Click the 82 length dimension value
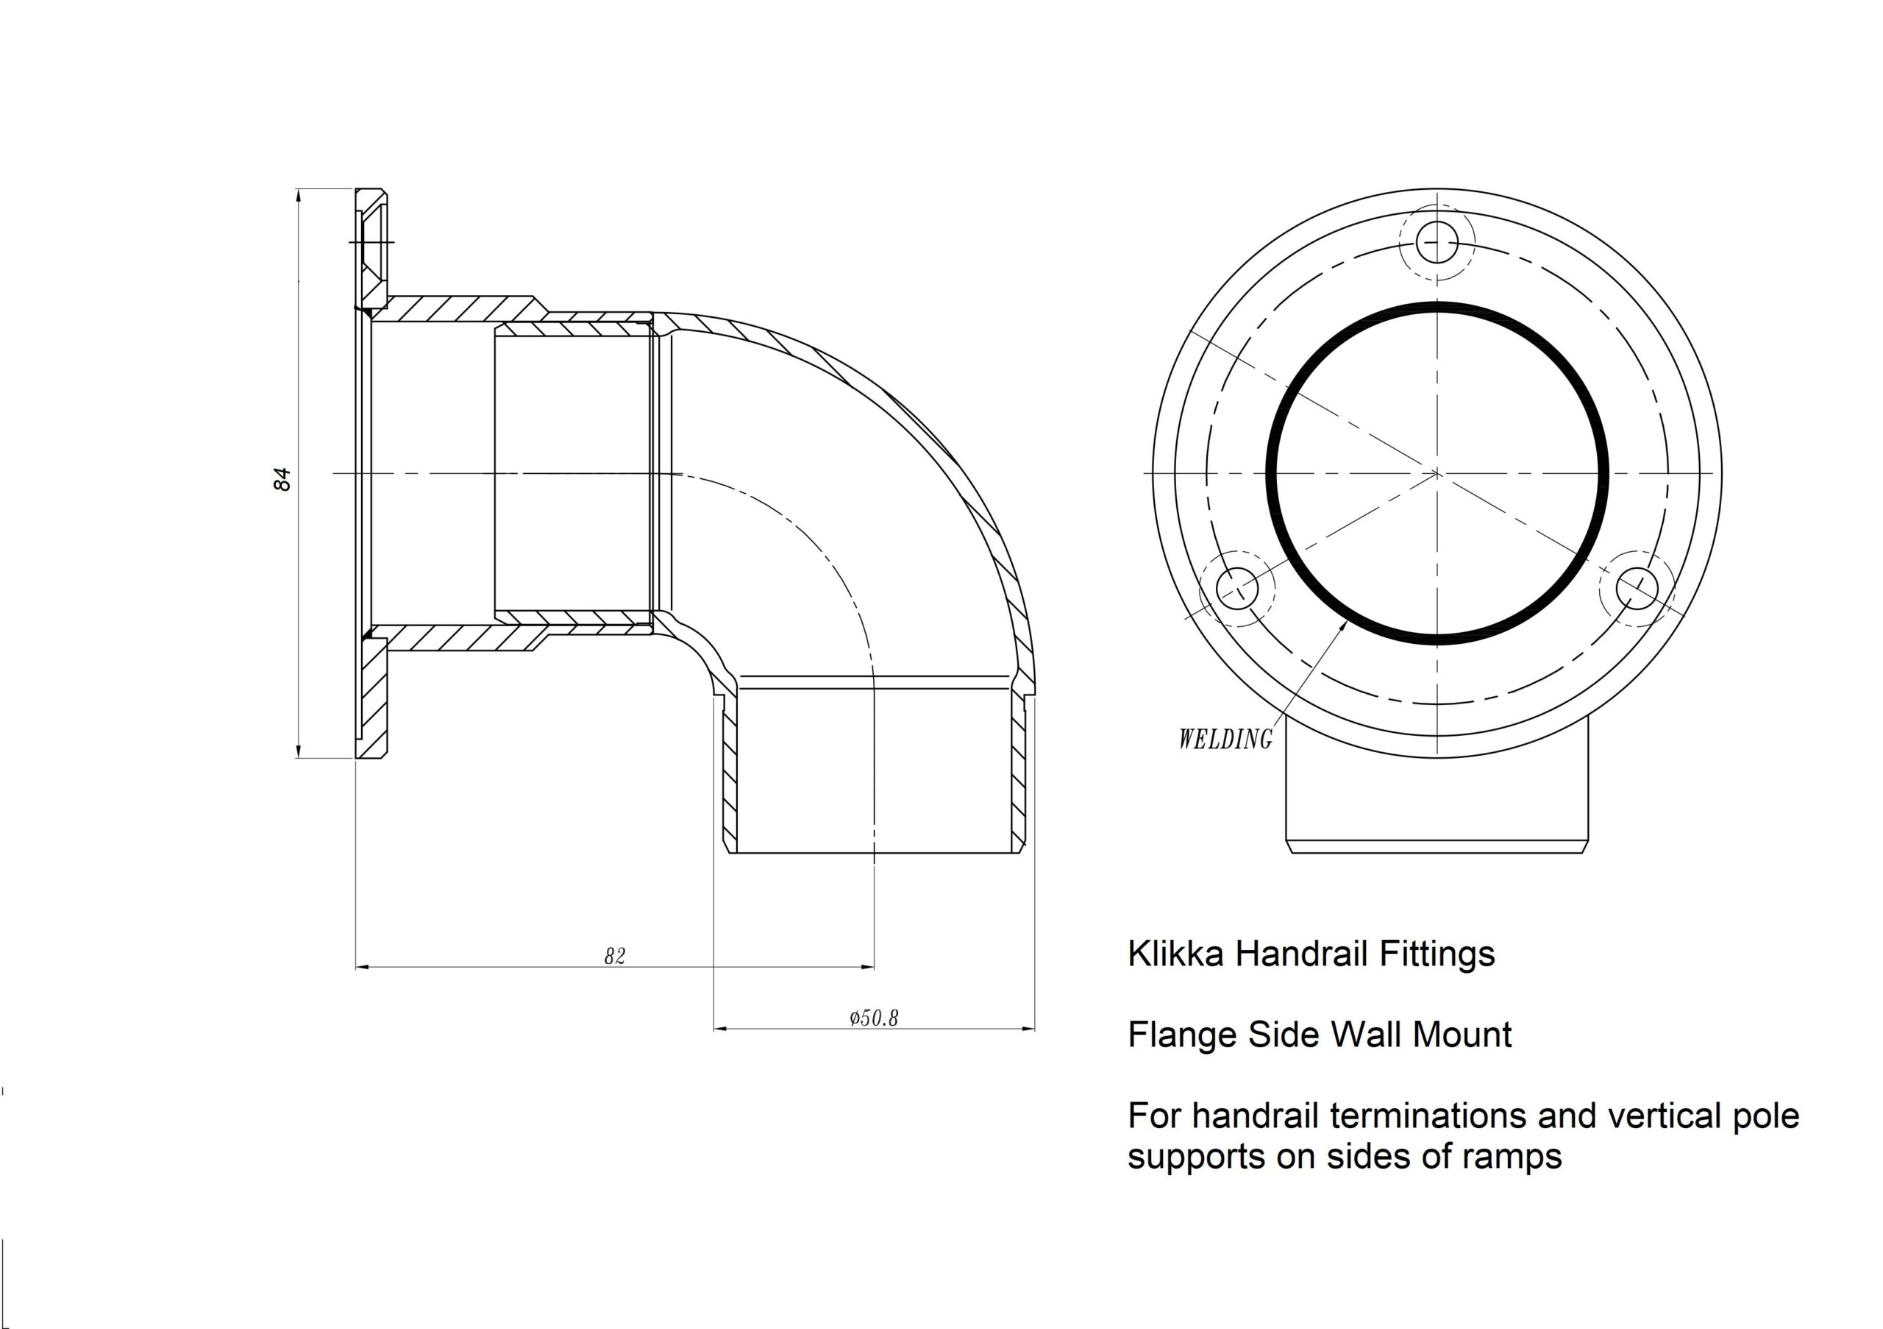click(614, 957)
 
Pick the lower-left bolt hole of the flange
click(1238, 588)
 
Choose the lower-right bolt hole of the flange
click(1637, 588)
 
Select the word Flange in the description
click(1183, 1035)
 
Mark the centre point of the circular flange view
click(1437, 473)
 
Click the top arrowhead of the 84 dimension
click(299, 194)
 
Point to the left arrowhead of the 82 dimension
click(362, 967)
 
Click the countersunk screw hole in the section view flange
click(372, 242)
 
